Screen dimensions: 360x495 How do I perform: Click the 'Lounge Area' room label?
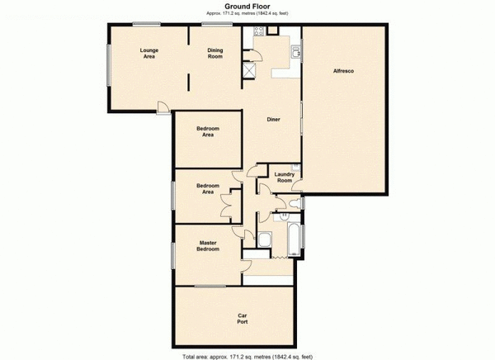click(148, 54)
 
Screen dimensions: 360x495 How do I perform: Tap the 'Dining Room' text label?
click(215, 54)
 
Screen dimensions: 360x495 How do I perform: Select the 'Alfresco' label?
click(343, 73)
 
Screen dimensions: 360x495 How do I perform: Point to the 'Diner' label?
click(274, 120)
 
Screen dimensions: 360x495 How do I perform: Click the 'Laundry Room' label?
click(285, 177)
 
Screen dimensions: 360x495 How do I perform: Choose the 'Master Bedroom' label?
click(207, 245)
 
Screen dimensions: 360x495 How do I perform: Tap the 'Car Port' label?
click(243, 318)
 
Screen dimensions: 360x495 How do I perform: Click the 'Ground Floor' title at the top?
click(247, 6)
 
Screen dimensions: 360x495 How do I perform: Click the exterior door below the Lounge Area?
click(164, 107)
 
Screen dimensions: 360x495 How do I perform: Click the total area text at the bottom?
click(247, 354)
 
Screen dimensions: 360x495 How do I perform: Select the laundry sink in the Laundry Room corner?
click(297, 169)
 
